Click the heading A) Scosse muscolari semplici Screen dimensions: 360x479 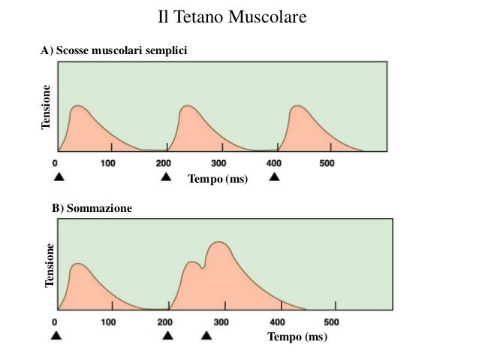(x=113, y=50)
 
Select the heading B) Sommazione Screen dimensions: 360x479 (x=92, y=207)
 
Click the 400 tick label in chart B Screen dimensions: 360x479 (x=279, y=322)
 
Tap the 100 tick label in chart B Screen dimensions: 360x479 (x=108, y=322)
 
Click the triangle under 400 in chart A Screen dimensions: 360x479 (x=275, y=177)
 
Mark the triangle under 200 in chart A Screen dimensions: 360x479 (x=165, y=177)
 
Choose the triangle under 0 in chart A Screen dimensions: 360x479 (x=58, y=177)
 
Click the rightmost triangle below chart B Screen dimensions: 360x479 (x=206, y=336)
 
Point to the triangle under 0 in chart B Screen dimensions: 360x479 (x=56, y=336)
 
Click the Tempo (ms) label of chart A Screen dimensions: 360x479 (x=217, y=179)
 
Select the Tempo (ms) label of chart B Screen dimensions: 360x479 (x=297, y=337)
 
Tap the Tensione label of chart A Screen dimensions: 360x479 (x=47, y=107)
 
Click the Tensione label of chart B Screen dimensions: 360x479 (x=50, y=265)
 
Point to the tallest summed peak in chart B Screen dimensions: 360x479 (x=218, y=244)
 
